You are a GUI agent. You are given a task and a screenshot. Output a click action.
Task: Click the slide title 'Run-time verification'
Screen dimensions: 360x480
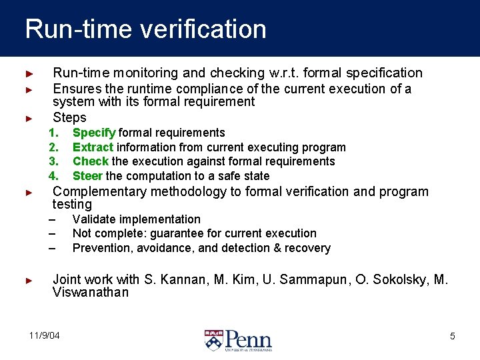pyautogui.click(x=145, y=29)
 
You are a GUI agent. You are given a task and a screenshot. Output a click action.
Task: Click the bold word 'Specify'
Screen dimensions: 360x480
pyautogui.click(x=94, y=133)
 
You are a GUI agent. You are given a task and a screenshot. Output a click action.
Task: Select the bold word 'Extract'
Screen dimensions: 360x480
pyautogui.click(x=93, y=147)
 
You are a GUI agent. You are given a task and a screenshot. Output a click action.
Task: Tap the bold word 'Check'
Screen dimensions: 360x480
pyautogui.click(x=91, y=161)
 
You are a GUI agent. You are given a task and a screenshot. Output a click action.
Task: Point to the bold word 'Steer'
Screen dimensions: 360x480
pyautogui.click(x=88, y=176)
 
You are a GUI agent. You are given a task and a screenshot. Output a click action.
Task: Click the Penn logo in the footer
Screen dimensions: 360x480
pyautogui.click(x=238, y=340)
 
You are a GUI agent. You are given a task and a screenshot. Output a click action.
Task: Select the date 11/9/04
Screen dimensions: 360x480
pyautogui.click(x=44, y=335)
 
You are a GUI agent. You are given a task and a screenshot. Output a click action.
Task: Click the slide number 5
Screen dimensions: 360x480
pyautogui.click(x=452, y=336)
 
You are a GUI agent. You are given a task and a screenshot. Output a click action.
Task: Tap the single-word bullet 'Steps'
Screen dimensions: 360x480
pyautogui.click(x=69, y=118)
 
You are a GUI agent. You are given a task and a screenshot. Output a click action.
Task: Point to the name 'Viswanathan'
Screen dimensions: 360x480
pyautogui.click(x=91, y=293)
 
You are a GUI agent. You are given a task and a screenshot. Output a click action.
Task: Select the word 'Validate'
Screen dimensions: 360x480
pyautogui.click(x=93, y=219)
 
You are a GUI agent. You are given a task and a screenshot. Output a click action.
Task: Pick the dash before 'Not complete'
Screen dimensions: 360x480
pyautogui.click(x=52, y=233)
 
